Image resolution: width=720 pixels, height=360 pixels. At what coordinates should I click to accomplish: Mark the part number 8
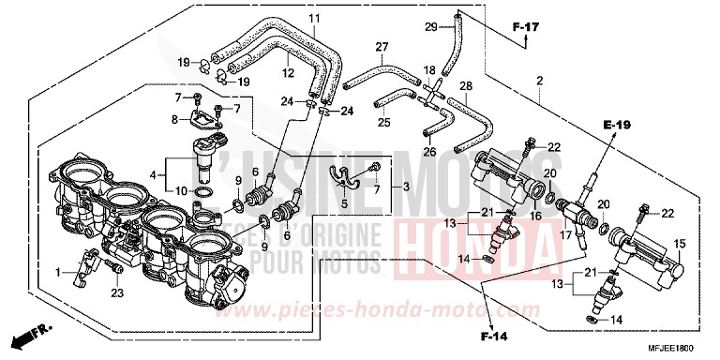[174, 119]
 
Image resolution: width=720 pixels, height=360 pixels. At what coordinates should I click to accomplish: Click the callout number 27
[382, 47]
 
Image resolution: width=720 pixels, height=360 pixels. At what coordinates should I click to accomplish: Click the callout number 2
[540, 82]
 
